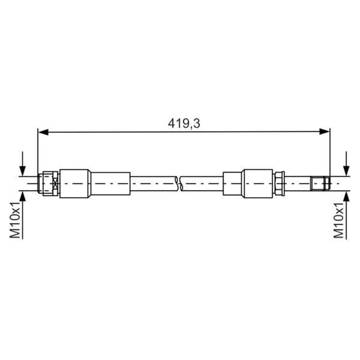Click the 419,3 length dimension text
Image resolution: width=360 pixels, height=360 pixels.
[x=184, y=123]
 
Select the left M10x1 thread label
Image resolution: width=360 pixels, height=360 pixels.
[x=15, y=221]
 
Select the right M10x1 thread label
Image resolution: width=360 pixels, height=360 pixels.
[x=339, y=221]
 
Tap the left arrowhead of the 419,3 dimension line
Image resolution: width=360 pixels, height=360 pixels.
[x=43, y=132]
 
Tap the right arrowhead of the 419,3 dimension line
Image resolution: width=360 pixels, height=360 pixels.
[x=324, y=132]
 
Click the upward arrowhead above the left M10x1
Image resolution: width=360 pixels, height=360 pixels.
[x=23, y=196]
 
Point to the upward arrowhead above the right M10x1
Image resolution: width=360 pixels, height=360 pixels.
[x=347, y=196]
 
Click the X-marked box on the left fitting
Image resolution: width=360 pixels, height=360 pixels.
[x=55, y=184]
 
